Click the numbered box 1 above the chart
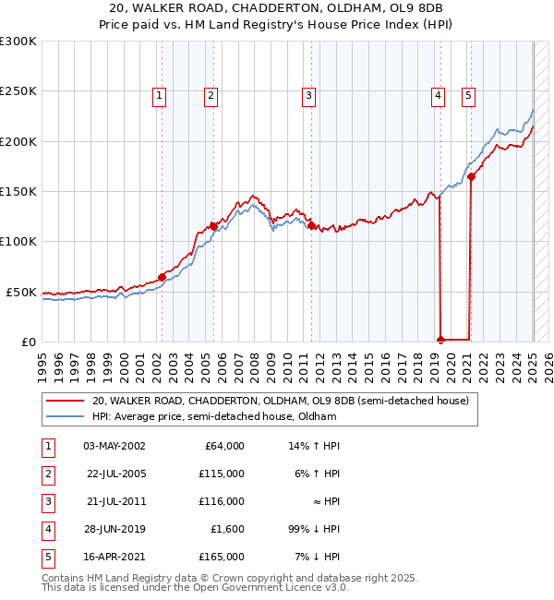click(161, 94)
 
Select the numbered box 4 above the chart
click(438, 94)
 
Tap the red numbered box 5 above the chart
click(469, 94)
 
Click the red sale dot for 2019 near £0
click(440, 339)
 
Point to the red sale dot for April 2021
click(471, 176)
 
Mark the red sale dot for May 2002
click(162, 277)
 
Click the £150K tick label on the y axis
click(18, 192)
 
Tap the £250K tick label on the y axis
click(18, 91)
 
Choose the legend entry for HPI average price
click(213, 416)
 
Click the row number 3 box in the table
click(47, 501)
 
